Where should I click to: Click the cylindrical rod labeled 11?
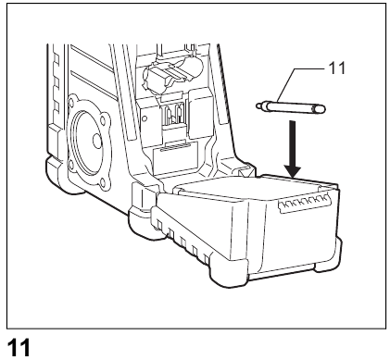[x=295, y=106]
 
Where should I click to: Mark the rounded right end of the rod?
[x=321, y=109]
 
